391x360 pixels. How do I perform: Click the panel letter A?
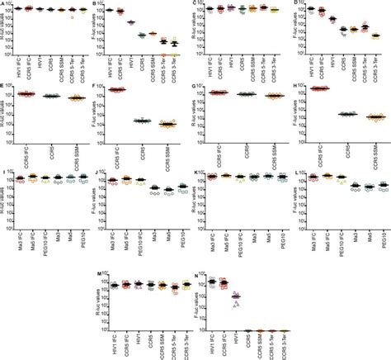coord(4,4)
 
